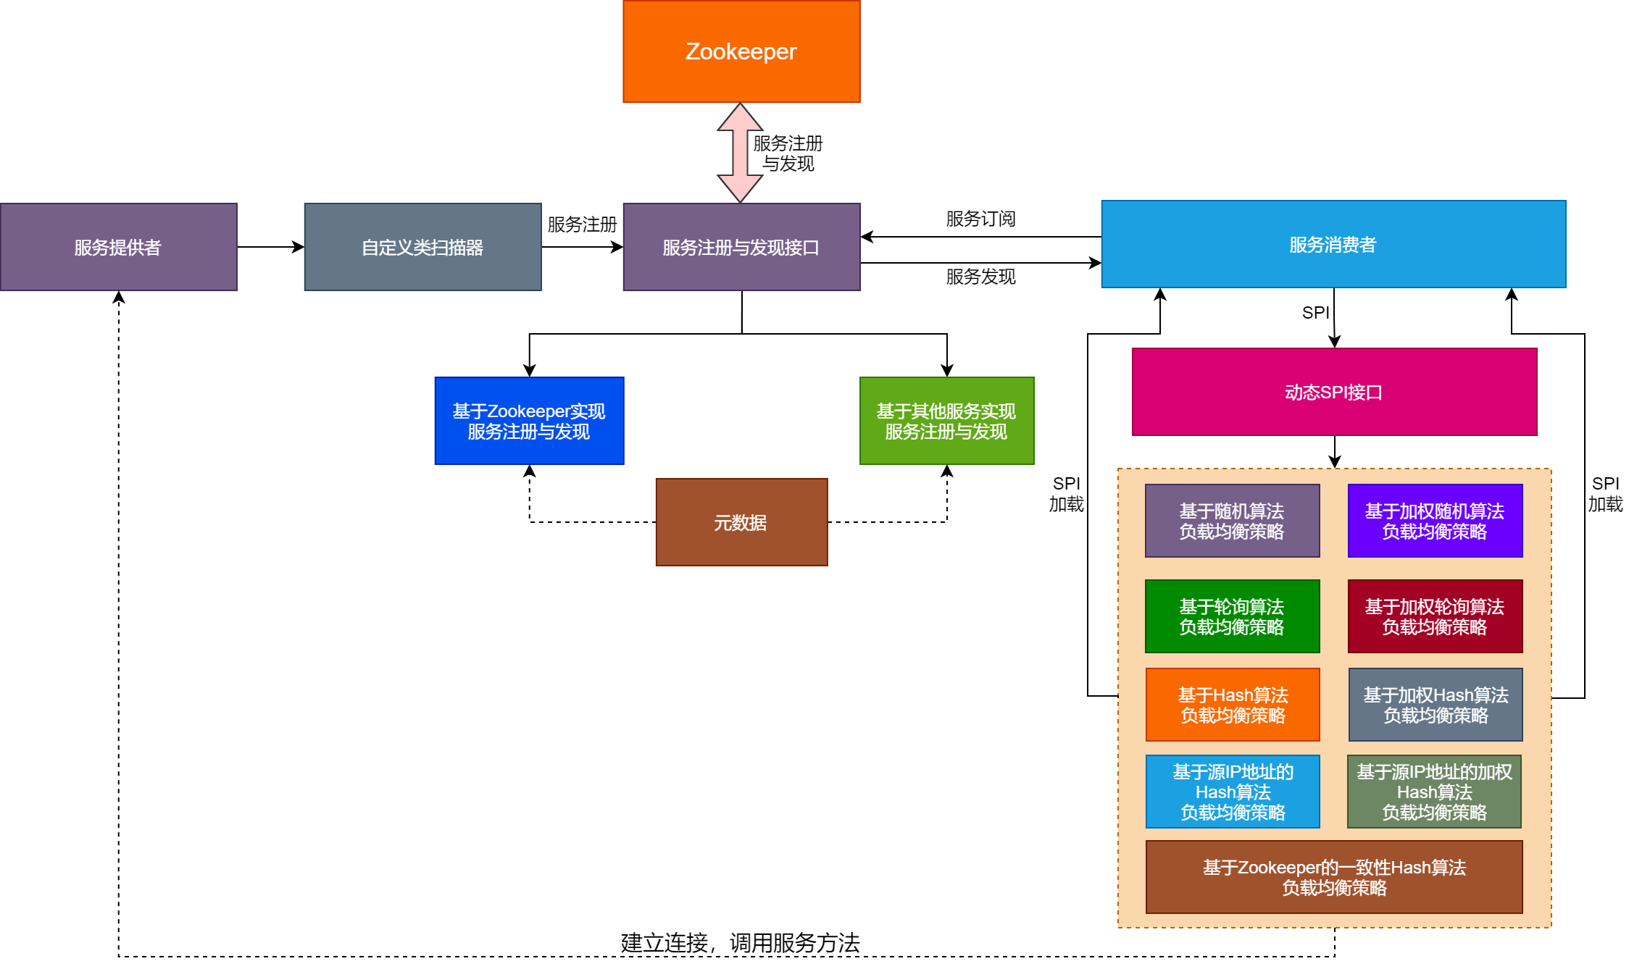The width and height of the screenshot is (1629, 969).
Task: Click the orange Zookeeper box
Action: pos(741,51)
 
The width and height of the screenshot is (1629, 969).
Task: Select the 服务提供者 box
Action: pos(118,247)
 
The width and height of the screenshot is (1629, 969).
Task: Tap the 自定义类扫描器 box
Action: pos(422,247)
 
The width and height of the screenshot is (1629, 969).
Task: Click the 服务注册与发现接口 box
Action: pos(741,247)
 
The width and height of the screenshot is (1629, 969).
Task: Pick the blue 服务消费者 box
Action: pos(1333,244)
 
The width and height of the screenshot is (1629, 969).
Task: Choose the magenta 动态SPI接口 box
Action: pos(1334,392)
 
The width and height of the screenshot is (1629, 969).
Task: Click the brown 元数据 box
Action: pos(741,522)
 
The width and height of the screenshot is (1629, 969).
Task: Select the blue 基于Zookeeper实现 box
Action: pos(529,421)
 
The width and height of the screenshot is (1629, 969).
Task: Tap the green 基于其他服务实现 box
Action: pos(946,421)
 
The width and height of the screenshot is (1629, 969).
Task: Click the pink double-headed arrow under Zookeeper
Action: pos(740,153)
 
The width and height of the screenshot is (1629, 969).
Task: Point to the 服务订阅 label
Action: pos(980,219)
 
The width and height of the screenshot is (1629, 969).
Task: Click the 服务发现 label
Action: pos(980,277)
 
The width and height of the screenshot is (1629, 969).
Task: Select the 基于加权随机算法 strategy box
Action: pos(1435,521)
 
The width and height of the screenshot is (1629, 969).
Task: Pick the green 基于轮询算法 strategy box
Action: pos(1232,616)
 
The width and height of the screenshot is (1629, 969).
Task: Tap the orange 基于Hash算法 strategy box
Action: pos(1233,705)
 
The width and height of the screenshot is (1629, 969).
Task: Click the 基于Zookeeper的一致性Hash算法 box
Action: pos(1334,877)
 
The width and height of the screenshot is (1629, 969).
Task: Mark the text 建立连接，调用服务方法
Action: pos(740,943)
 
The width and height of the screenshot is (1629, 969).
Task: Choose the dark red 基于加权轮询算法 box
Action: pos(1435,616)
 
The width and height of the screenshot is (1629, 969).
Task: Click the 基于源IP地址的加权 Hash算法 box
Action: pos(1434,792)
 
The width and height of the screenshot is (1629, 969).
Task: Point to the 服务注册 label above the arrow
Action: pos(582,225)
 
